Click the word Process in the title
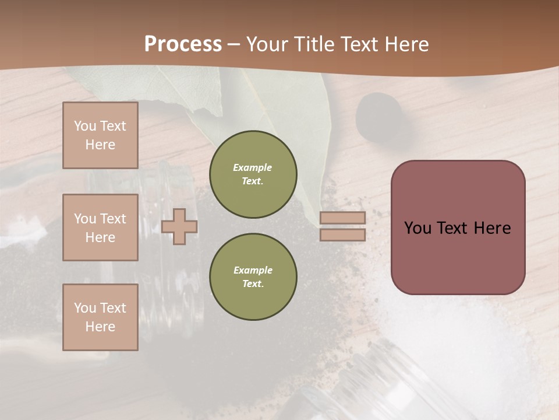pos(183,44)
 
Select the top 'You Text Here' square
pos(100,135)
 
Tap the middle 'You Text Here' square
pos(100,228)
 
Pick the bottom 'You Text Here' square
pos(100,317)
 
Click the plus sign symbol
pos(179,226)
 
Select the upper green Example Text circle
pos(253,174)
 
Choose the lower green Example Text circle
pos(253,277)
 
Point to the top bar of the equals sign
pos(343,218)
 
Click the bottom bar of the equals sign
pos(343,235)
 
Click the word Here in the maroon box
pos(492,228)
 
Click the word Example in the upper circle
pos(253,167)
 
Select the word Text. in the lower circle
pos(253,283)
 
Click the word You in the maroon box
pos(418,228)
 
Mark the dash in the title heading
pos(234,44)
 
